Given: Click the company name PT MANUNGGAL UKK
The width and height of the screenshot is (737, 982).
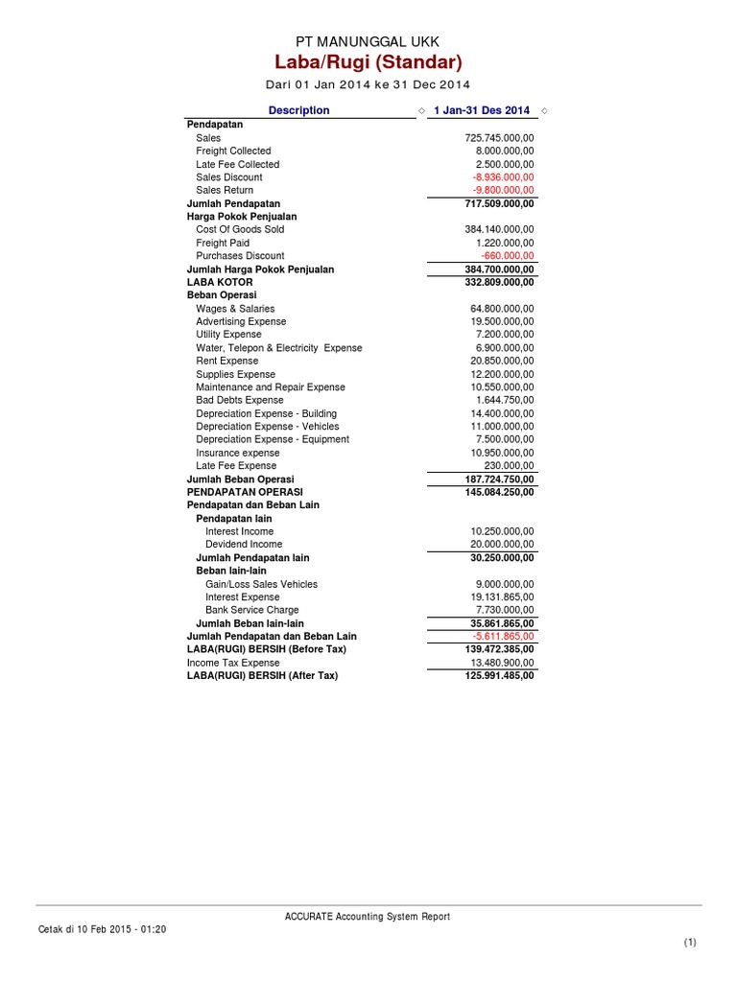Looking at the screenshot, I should (x=368, y=40).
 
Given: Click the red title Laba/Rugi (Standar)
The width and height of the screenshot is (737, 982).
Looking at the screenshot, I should (x=368, y=63).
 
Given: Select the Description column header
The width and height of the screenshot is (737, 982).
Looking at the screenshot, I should (x=298, y=110).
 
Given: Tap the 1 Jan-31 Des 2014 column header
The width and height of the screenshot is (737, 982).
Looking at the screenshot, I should (x=481, y=110).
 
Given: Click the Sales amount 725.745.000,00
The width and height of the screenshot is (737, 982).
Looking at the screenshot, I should (x=499, y=138).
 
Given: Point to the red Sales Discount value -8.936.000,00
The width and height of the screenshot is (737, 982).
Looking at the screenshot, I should (x=503, y=177).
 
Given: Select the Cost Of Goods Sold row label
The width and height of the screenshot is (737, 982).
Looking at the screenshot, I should (x=240, y=230).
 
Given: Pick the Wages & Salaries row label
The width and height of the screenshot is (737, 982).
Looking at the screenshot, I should (x=235, y=309).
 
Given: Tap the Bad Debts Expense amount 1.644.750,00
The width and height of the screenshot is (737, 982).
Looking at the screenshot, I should (x=505, y=400).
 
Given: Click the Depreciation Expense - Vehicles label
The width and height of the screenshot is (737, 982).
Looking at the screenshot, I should (x=268, y=427).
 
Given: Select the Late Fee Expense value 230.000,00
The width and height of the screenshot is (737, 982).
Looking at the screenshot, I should (x=509, y=466).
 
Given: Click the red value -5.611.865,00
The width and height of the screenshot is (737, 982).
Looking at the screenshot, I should (x=503, y=637).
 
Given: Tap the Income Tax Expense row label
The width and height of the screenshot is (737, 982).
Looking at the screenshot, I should (x=233, y=663).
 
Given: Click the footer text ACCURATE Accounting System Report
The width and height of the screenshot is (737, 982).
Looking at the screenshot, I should (x=368, y=917).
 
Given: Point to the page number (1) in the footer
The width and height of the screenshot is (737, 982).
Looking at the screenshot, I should (x=690, y=944).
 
